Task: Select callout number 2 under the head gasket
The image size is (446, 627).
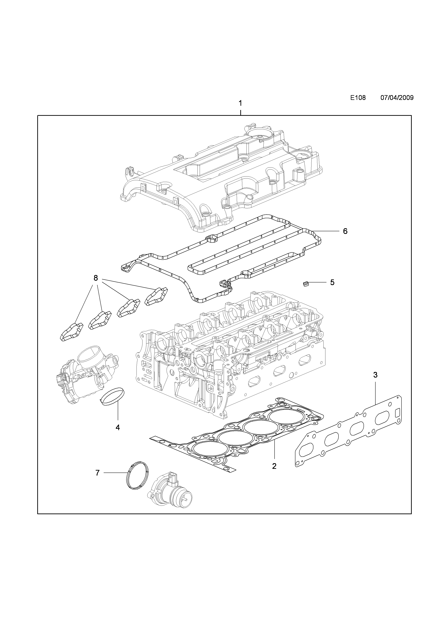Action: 274,466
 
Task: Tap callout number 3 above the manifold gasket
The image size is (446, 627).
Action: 375,375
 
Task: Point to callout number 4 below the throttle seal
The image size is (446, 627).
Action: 118,435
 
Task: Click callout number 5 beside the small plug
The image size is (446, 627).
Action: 332,282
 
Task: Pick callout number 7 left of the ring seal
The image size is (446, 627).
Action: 97,473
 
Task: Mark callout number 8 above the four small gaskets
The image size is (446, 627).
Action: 96,270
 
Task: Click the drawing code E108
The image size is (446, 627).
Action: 358,98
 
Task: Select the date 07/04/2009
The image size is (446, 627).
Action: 397,98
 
